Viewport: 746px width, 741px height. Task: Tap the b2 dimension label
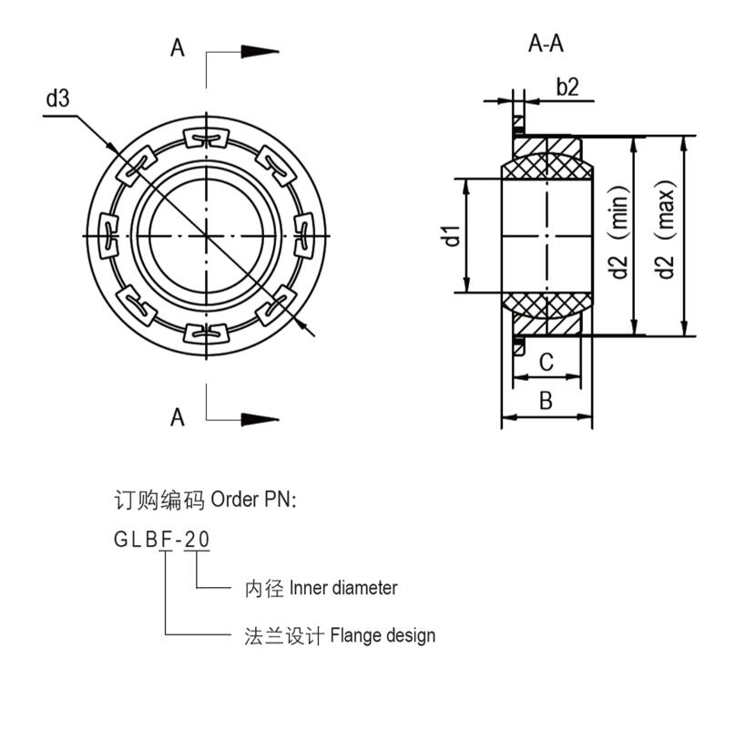click(x=567, y=87)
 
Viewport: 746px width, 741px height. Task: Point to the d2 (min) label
click(x=620, y=235)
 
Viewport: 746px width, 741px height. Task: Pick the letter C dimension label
click(x=546, y=363)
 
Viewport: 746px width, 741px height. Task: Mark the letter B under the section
click(x=546, y=401)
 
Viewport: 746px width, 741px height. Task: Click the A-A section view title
click(x=546, y=44)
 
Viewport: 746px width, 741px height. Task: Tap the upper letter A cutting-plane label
click(x=177, y=47)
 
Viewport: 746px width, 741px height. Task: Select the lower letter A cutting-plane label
click(x=177, y=417)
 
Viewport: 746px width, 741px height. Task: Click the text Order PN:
click(x=252, y=500)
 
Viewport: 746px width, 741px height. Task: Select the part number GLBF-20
click(x=161, y=540)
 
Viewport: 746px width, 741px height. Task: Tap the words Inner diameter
click(x=342, y=588)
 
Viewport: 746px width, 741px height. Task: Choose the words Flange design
click(x=382, y=635)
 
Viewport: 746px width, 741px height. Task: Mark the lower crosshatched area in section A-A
click(x=547, y=304)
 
